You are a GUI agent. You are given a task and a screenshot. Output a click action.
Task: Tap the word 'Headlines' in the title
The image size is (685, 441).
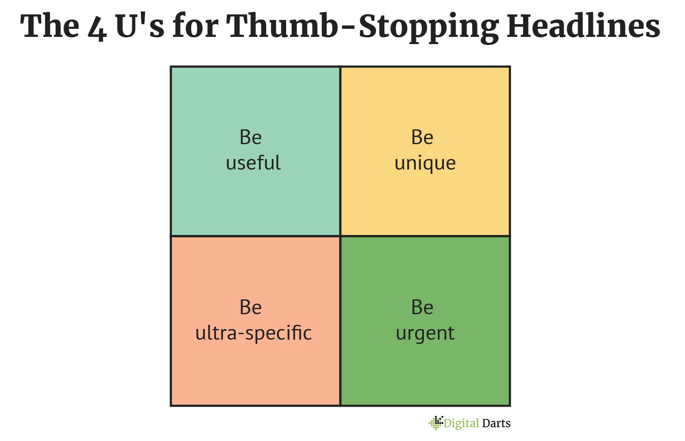click(x=584, y=26)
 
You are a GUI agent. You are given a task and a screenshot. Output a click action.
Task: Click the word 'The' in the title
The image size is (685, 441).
click(x=50, y=26)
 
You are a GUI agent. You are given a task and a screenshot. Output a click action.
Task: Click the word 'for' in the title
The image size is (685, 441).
click(x=196, y=26)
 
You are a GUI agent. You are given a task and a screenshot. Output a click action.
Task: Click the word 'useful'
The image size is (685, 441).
click(x=253, y=162)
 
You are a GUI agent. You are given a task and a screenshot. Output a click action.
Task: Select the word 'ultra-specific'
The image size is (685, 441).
click(x=253, y=333)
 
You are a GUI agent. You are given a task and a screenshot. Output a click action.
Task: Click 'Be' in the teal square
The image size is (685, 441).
click(x=251, y=137)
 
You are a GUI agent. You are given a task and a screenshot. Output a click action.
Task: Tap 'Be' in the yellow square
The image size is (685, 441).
click(x=422, y=137)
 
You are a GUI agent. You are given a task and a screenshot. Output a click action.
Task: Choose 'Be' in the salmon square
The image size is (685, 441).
click(x=251, y=307)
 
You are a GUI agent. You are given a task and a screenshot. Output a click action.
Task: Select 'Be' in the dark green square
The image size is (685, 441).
click(x=422, y=307)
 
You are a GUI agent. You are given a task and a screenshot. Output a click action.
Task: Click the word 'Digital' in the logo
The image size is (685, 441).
click(x=461, y=424)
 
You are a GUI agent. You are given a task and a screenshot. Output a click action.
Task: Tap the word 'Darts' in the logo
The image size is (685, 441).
click(x=496, y=423)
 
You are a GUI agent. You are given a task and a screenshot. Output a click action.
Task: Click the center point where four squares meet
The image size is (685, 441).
click(x=340, y=236)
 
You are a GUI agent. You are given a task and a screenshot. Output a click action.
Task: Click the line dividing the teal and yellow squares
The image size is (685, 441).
click(x=340, y=151)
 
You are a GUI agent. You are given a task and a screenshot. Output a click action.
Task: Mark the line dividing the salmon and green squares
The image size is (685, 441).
click(x=340, y=321)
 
